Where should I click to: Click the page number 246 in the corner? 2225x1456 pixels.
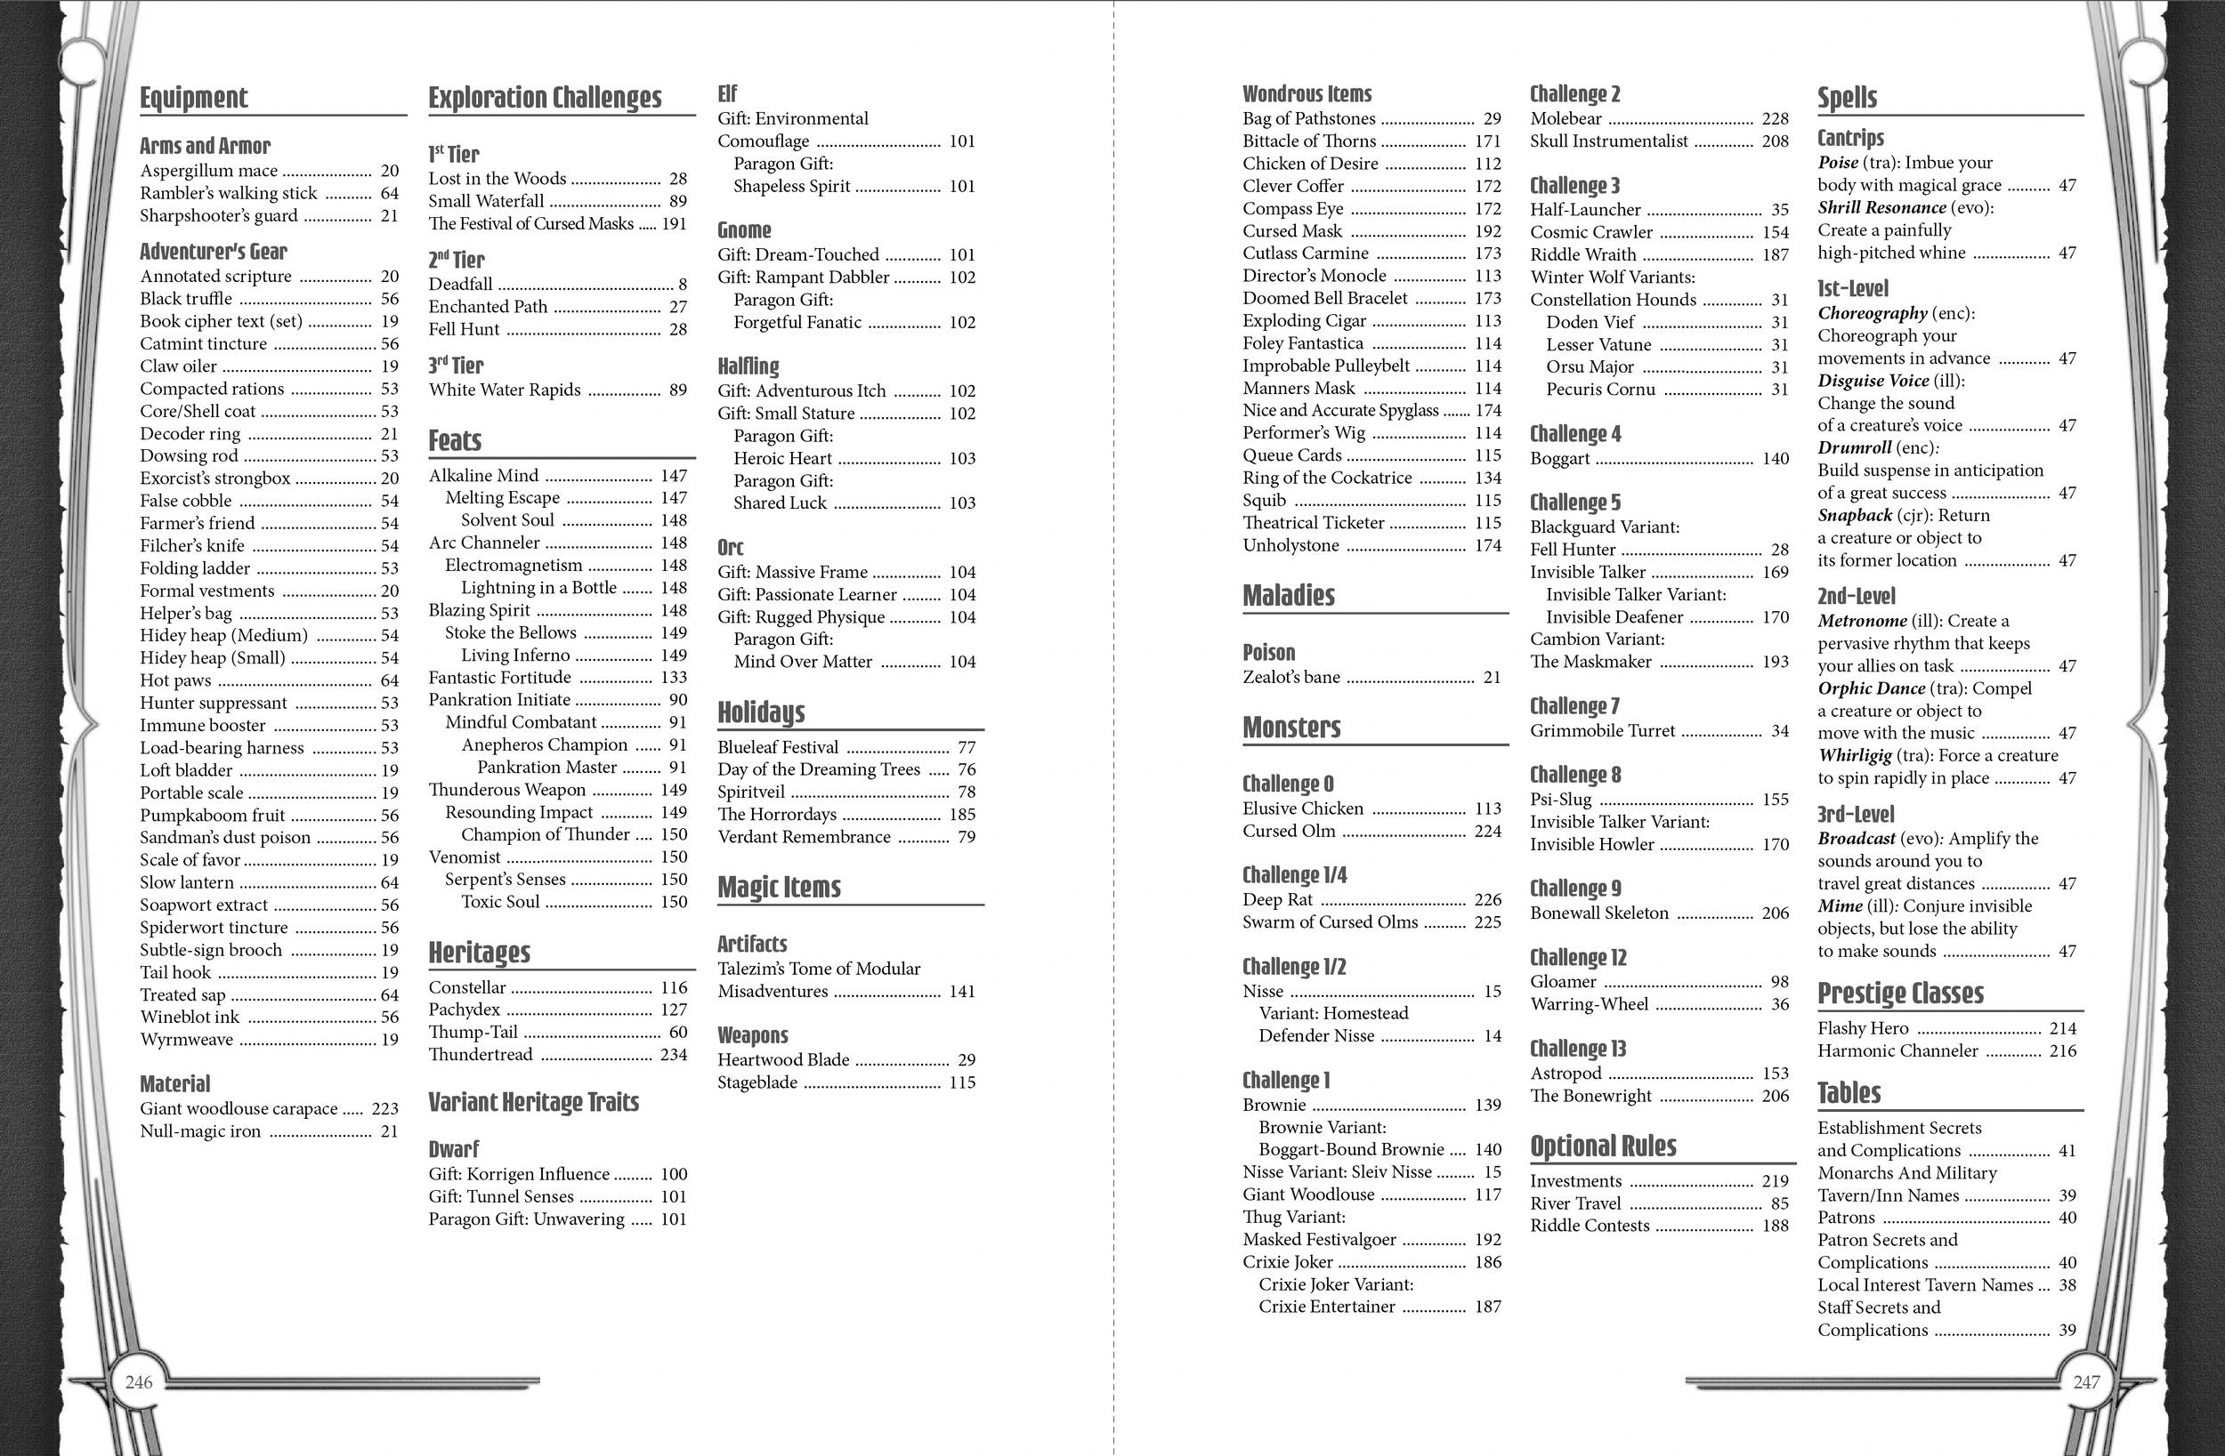[138, 1382]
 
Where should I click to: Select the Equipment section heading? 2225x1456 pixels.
[193, 97]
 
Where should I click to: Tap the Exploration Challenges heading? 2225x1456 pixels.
[545, 97]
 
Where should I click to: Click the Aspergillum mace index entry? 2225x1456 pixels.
[209, 171]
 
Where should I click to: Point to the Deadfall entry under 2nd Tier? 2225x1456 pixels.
[461, 284]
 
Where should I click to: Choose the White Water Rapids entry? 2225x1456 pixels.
[505, 390]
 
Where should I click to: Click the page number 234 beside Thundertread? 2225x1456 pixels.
[673, 1055]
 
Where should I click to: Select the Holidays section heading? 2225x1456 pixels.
[761, 712]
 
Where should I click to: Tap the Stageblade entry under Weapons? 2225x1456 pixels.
[758, 1083]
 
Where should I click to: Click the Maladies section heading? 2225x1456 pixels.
[1288, 595]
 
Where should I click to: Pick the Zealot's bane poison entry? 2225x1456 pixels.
[1291, 678]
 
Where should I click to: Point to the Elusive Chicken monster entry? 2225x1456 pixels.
[1303, 809]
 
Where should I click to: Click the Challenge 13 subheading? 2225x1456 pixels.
[1578, 1049]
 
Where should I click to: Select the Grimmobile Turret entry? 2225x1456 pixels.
[1602, 731]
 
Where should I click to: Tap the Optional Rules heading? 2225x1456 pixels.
[1603, 1146]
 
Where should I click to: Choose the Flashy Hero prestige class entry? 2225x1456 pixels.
[1863, 1029]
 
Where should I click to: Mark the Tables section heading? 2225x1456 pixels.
[1849, 1092]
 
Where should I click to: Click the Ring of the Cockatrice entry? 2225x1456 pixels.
[1328, 478]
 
